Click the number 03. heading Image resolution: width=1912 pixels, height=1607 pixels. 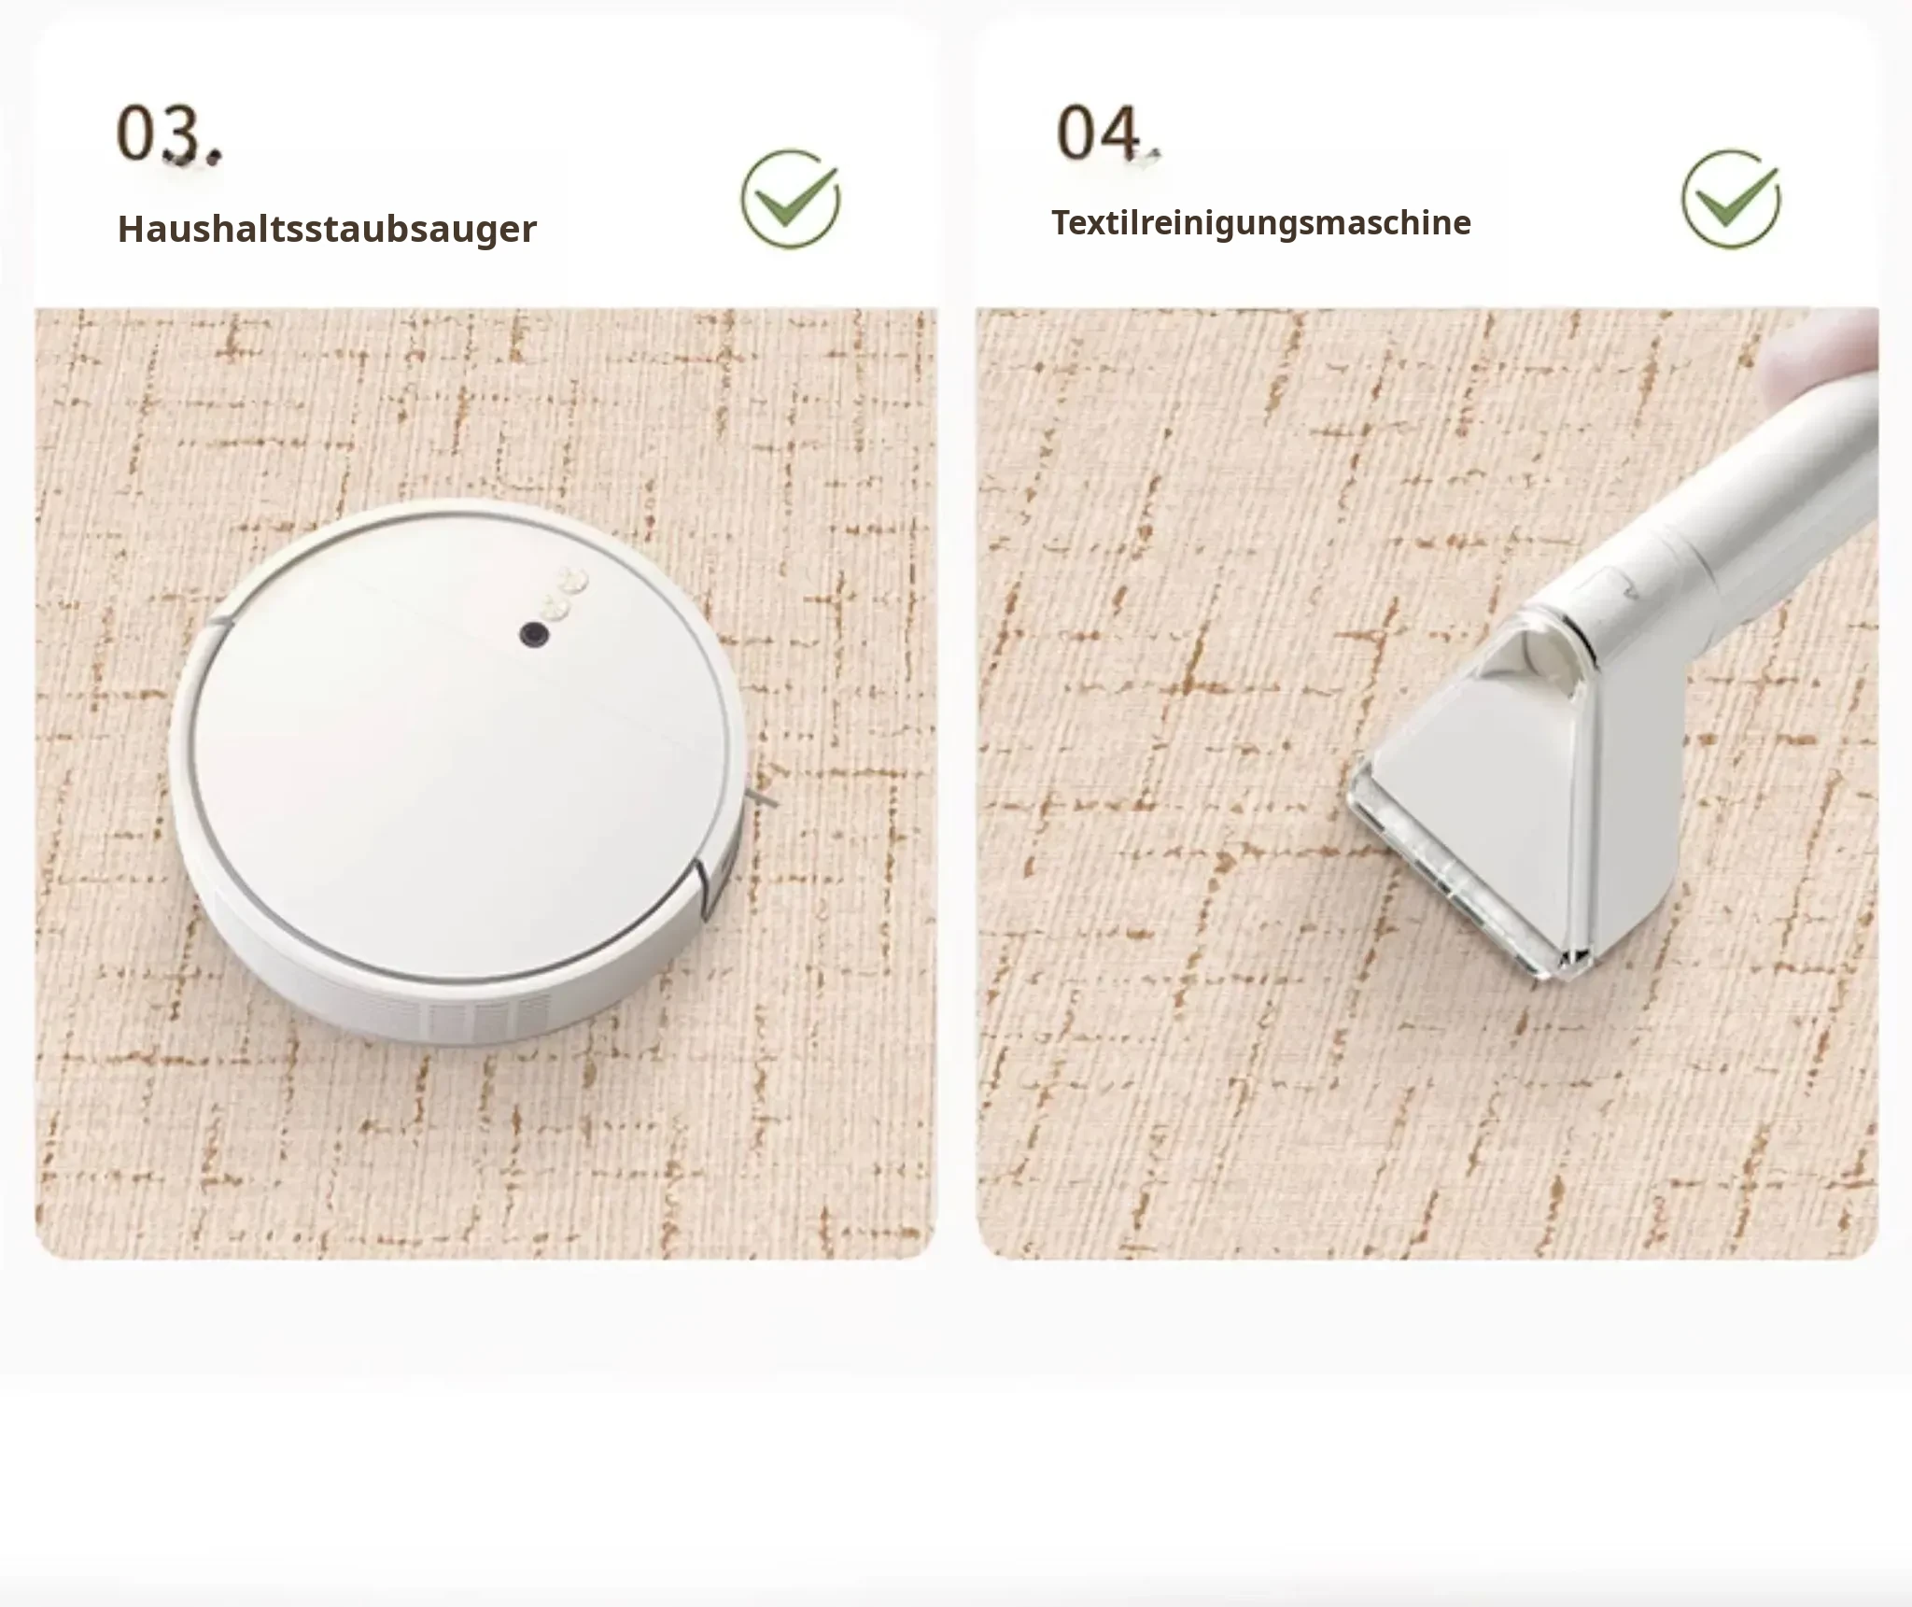coord(170,135)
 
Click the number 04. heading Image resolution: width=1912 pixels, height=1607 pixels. coord(1108,134)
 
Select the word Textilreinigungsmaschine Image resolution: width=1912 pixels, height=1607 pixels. coord(1261,223)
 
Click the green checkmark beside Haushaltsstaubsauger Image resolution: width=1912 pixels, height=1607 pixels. coord(791,199)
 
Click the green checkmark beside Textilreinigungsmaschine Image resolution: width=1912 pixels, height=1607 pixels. coord(1731,199)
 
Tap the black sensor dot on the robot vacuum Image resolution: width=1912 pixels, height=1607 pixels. coord(534,635)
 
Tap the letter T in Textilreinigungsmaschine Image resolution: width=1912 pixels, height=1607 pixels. coord(1062,222)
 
